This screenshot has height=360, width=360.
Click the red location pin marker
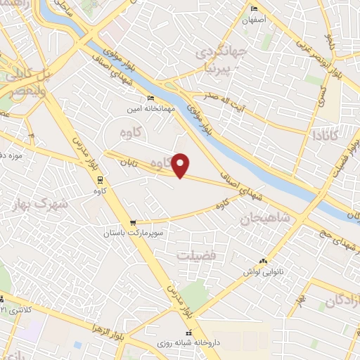[x=181, y=165]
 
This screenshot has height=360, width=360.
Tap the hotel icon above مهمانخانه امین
[x=150, y=98]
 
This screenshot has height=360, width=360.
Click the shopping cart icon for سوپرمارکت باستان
[x=133, y=222]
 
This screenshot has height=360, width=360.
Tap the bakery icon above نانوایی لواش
[x=264, y=261]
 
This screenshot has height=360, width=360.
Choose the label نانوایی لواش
[x=262, y=270]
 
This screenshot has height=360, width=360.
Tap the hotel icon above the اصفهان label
[x=255, y=8]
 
